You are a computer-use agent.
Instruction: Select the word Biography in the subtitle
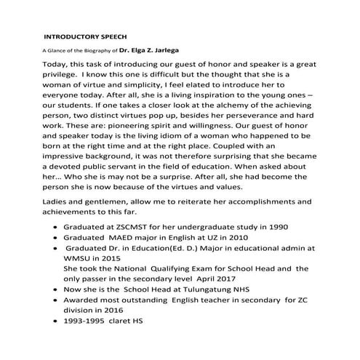[98, 52]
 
